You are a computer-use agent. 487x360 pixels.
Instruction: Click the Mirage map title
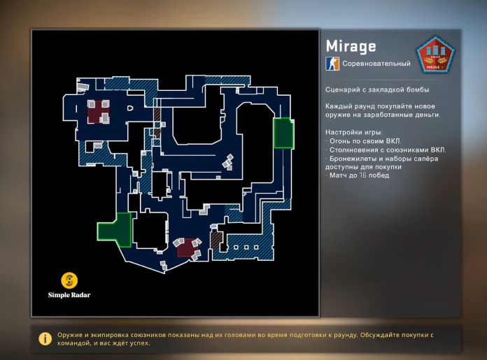(351, 46)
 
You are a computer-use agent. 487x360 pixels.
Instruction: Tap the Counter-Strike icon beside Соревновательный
(332, 64)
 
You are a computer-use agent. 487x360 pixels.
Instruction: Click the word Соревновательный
(376, 64)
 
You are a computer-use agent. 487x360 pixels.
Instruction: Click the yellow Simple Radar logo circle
(69, 281)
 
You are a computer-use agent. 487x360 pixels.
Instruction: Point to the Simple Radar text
(69, 295)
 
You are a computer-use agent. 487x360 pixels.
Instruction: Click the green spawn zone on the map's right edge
(283, 133)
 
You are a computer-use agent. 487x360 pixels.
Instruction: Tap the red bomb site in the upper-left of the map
(98, 111)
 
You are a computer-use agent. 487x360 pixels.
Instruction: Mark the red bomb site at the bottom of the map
(187, 247)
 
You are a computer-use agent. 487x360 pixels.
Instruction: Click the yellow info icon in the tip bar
(45, 338)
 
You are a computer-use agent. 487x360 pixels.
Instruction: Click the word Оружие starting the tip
(71, 334)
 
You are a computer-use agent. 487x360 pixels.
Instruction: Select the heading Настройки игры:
(353, 132)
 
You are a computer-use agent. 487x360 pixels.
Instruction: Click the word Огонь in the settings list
(341, 141)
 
